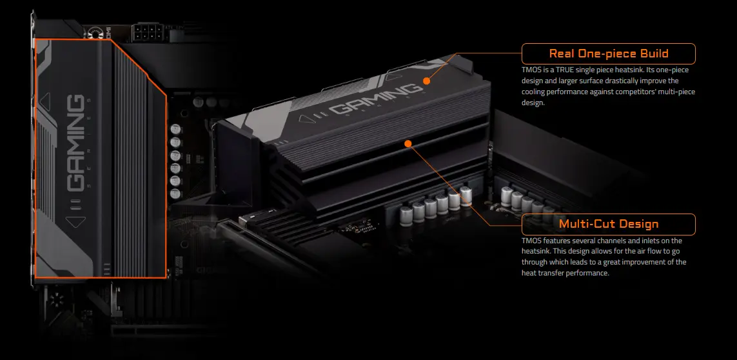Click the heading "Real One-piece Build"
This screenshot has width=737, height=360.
(609, 54)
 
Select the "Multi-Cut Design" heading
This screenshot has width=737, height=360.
(609, 224)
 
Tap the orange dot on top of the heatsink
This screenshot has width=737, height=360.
(426, 81)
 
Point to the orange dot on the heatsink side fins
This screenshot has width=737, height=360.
(408, 143)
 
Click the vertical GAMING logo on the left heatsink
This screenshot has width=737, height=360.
(75, 143)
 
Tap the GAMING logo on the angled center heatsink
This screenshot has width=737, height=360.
(374, 100)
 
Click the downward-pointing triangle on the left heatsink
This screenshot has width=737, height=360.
(75, 222)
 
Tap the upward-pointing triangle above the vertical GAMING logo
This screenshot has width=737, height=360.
(46, 98)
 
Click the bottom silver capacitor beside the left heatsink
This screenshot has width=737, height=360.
(176, 194)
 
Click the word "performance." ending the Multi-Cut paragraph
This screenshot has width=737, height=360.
(589, 273)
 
